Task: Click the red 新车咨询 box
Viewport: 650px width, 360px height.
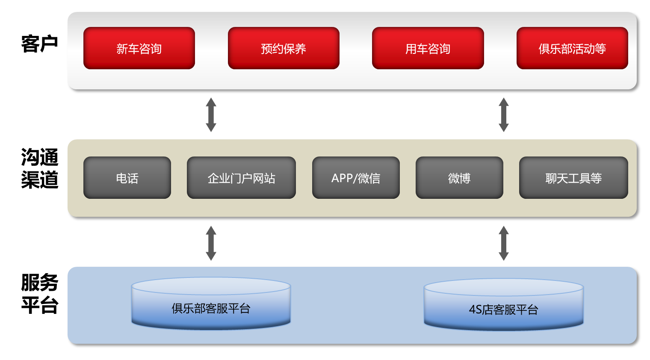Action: [139, 48]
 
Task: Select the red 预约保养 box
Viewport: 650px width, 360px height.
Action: [284, 48]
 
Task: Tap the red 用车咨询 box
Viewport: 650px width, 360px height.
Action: [428, 48]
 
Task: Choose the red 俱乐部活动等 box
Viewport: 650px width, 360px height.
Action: [572, 48]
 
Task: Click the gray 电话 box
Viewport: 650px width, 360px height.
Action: [127, 178]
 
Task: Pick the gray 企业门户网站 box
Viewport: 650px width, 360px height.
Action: [241, 178]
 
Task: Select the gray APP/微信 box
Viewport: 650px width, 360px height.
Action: [356, 178]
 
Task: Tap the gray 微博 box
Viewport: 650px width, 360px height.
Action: [459, 178]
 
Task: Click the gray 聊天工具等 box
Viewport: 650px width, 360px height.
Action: [573, 178]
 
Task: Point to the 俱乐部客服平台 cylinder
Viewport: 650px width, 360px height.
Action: [211, 304]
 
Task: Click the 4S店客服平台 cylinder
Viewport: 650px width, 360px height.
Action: [503, 306]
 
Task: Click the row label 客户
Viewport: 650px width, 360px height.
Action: [39, 44]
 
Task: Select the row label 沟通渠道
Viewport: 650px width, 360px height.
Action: [39, 168]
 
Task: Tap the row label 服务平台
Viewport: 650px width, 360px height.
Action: [39, 294]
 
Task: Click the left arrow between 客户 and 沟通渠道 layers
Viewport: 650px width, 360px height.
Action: [211, 115]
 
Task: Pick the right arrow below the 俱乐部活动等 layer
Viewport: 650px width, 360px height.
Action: [504, 115]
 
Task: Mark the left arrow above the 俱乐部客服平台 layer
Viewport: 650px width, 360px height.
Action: [211, 243]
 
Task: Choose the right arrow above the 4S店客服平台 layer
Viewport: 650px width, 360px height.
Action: [504, 243]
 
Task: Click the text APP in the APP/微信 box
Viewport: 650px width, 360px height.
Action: [342, 178]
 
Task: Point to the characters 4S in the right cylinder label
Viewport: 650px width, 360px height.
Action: [475, 310]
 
